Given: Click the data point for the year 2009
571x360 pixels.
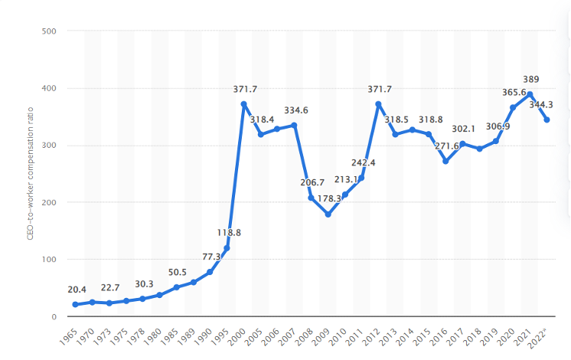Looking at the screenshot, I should coord(328,214).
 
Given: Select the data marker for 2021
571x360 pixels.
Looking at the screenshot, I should coord(530,94).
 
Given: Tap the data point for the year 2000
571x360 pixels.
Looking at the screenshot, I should coord(243,104).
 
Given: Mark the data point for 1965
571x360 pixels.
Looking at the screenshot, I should coord(75,305).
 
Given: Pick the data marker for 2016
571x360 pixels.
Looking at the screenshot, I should coord(445,161).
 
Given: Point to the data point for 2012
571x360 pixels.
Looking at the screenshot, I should coord(378,104).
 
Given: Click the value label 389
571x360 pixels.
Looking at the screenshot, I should coord(530,79).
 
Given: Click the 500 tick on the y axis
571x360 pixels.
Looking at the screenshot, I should coord(50,31).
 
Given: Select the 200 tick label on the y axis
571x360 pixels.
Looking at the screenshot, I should coord(50,202).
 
